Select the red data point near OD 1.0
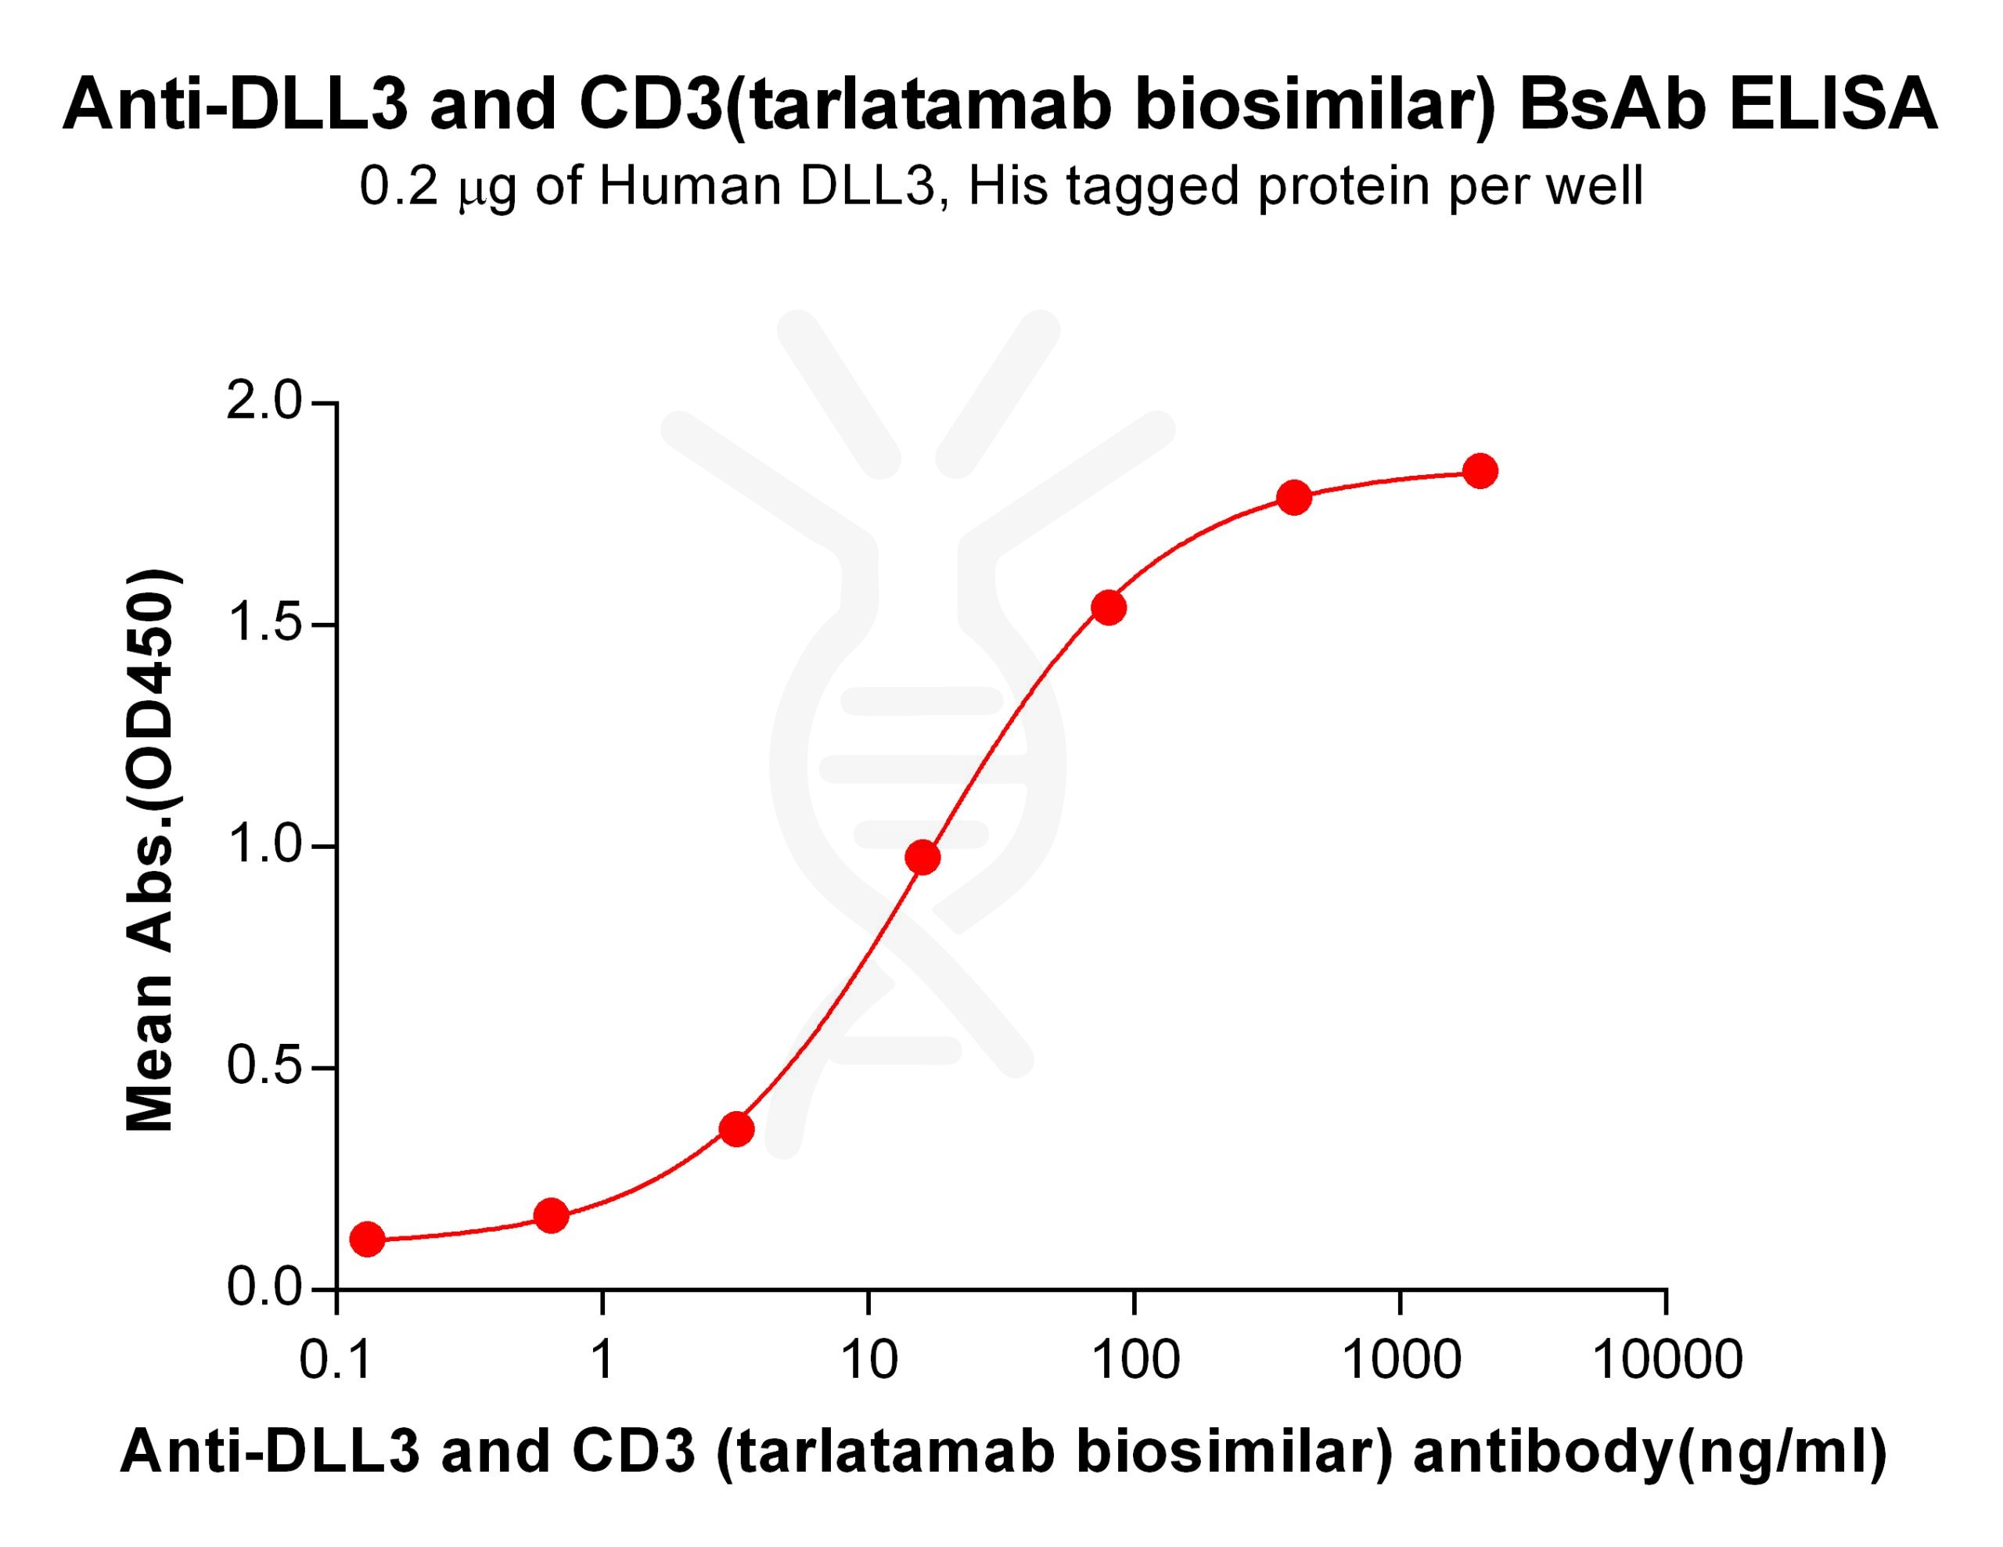tap(922, 858)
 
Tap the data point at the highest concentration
tap(1480, 471)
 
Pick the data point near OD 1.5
tap(1109, 607)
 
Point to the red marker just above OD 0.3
tap(736, 1129)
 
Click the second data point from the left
tap(550, 1216)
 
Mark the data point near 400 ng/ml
tap(1294, 498)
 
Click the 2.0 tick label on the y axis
tap(264, 401)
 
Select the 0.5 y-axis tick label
tap(264, 1067)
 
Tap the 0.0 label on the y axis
tap(264, 1289)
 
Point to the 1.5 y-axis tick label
tap(264, 624)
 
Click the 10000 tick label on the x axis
tap(1667, 1360)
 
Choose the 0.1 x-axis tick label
tap(336, 1360)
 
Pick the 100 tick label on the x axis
tap(1135, 1360)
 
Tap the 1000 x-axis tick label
tap(1401, 1360)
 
